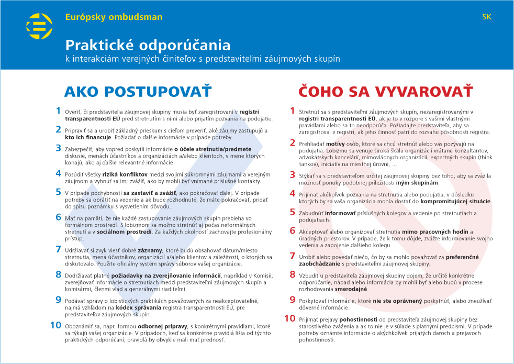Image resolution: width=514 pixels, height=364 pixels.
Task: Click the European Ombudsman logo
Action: (39, 27)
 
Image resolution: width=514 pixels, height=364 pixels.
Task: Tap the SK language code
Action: (486, 17)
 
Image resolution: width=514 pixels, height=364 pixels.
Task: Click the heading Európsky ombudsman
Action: (114, 17)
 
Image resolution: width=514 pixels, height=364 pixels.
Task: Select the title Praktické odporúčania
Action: (148, 45)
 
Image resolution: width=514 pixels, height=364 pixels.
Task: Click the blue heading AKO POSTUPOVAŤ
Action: (138, 92)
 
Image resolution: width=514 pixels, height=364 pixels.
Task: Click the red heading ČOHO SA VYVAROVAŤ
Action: (385, 92)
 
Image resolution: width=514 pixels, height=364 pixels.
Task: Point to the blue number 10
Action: (55, 325)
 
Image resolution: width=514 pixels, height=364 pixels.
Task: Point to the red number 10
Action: (289, 318)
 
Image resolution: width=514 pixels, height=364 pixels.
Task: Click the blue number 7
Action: (58, 249)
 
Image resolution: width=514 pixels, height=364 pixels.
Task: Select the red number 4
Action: (293, 194)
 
